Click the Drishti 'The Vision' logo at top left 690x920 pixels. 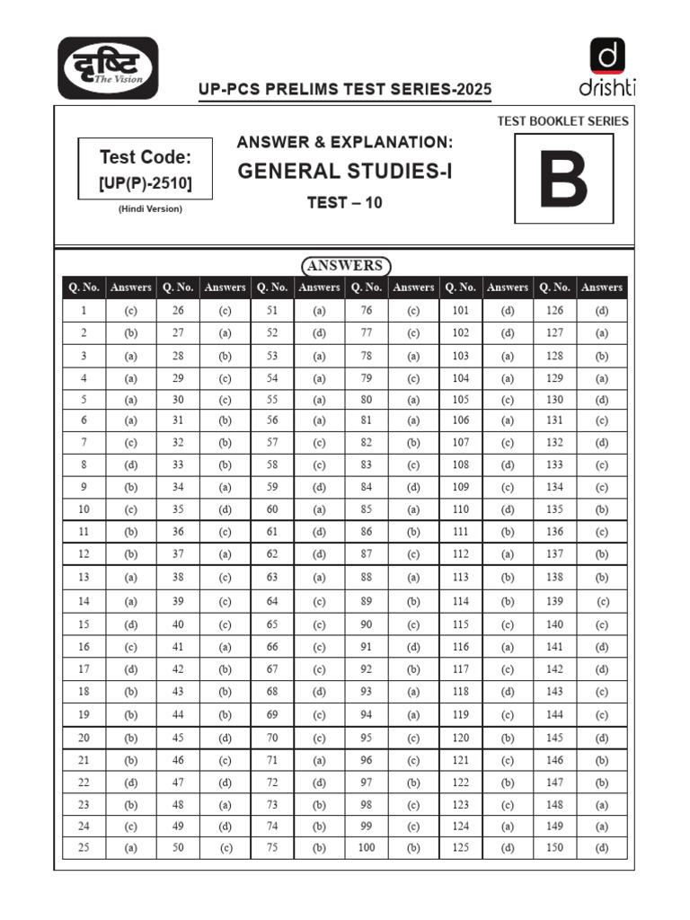click(108, 68)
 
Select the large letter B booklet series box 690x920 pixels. click(563, 179)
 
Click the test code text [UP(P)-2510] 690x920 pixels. click(145, 185)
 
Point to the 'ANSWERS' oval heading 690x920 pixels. click(345, 266)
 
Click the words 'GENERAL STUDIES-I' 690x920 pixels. click(345, 171)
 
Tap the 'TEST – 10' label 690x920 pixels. click(344, 202)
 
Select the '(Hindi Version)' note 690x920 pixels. click(150, 209)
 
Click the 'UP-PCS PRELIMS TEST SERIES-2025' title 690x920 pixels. click(345, 90)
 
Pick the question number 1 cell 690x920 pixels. click(84, 311)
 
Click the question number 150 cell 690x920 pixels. click(554, 847)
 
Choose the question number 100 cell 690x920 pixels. click(367, 847)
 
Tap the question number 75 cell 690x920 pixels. click(272, 847)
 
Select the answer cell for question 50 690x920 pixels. click(225, 847)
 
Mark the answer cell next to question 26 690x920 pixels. click(225, 311)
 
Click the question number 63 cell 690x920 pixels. click(272, 577)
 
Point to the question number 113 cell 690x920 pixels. click(461, 577)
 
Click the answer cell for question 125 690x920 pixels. click(508, 847)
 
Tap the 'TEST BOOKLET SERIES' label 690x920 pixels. click(562, 120)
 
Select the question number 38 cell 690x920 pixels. click(178, 577)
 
